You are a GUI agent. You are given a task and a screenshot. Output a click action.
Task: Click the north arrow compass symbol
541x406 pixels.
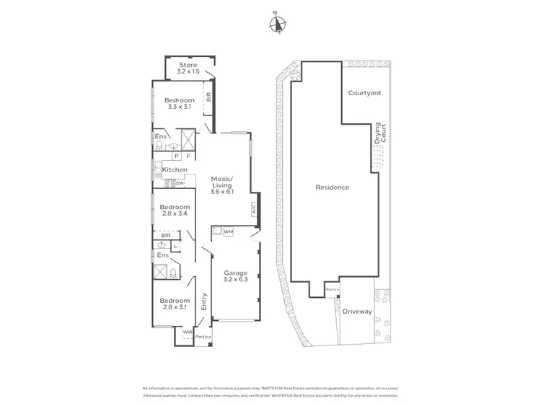pyautogui.click(x=276, y=23)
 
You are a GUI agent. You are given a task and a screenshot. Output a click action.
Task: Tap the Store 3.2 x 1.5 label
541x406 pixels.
pyautogui.click(x=188, y=69)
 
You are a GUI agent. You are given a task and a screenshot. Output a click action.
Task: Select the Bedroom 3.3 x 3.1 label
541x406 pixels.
pyautogui.click(x=178, y=104)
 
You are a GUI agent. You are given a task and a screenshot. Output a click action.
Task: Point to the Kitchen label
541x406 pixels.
pyautogui.click(x=175, y=169)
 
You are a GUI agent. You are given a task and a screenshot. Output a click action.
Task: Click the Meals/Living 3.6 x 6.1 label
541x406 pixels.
pyautogui.click(x=221, y=185)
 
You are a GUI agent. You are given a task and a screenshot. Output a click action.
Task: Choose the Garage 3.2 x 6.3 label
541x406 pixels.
pyautogui.click(x=234, y=277)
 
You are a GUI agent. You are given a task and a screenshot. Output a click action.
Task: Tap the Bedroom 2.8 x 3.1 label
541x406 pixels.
pyautogui.click(x=175, y=304)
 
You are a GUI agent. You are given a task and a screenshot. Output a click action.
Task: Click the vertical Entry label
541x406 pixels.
pyautogui.click(x=204, y=300)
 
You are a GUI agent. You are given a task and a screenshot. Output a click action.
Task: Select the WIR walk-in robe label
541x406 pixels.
pyautogui.click(x=187, y=332)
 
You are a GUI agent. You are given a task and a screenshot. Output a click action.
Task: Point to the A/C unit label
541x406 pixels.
pyautogui.click(x=253, y=210)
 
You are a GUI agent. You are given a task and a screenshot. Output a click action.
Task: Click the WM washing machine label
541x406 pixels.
pyautogui.click(x=228, y=231)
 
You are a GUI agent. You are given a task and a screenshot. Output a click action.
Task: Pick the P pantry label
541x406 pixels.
pyautogui.click(x=176, y=155)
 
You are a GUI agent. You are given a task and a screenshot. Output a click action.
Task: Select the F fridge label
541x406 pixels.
pyautogui.click(x=188, y=155)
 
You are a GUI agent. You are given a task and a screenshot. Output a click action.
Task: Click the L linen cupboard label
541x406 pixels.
pyautogui.click(x=177, y=245)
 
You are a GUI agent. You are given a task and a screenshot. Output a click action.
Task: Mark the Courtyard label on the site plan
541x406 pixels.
pyautogui.click(x=364, y=93)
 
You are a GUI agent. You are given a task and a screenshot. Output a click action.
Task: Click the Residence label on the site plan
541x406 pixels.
pyautogui.click(x=332, y=187)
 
